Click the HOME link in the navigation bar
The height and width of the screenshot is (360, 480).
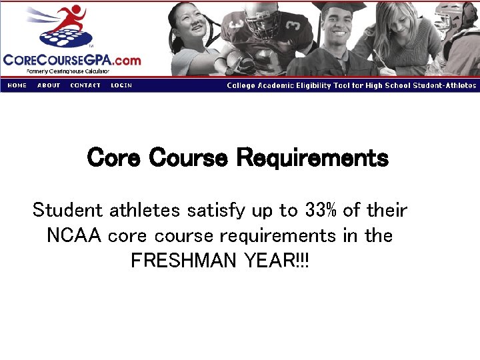point(17,85)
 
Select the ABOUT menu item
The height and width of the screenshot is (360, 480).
point(49,85)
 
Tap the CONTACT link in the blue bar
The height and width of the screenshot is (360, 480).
point(85,85)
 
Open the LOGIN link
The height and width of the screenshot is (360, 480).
point(121,85)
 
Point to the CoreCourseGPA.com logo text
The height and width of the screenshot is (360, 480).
point(72,60)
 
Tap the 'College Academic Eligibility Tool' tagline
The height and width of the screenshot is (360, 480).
point(351,85)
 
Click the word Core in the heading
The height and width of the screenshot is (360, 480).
point(114,159)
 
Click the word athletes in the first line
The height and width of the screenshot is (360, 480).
point(145,211)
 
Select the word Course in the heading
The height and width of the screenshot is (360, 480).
point(189,159)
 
